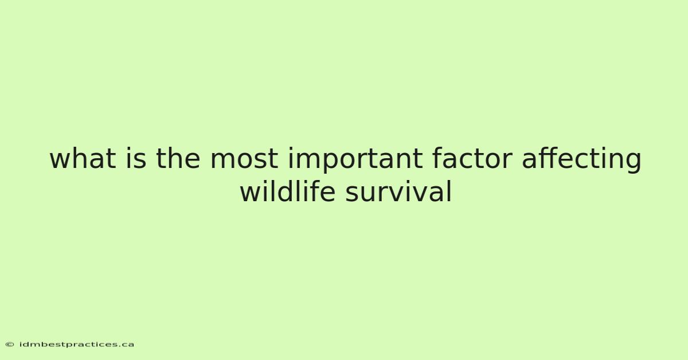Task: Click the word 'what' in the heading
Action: pos(83,158)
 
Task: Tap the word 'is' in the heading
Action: pos(136,158)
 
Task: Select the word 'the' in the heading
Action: pos(178,158)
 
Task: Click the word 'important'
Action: pos(355,160)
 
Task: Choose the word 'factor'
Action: pos(472,158)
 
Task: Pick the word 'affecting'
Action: pos(581,160)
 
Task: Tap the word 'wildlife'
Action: pos(287,191)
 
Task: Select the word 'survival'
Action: pos(398,191)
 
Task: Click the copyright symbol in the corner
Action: pos(10,345)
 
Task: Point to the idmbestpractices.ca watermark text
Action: pos(77,345)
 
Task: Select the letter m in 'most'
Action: pos(223,161)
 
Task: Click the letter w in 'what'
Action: pos(61,161)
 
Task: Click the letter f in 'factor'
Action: pos(437,158)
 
